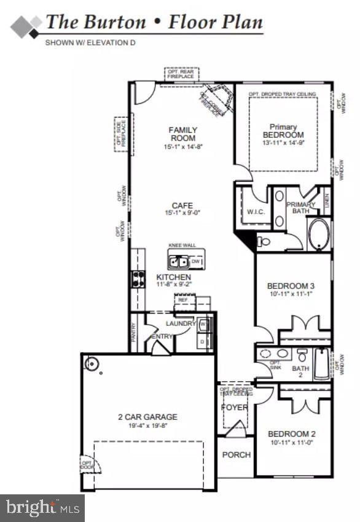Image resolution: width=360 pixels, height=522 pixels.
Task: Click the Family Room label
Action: tap(183, 134)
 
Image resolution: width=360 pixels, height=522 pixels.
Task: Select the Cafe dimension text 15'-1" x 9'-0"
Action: tap(182, 213)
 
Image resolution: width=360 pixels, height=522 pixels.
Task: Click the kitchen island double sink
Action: tap(179, 263)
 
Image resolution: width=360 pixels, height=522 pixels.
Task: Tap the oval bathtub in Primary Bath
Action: tap(319, 235)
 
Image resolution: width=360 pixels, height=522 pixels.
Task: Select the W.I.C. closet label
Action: tap(255, 213)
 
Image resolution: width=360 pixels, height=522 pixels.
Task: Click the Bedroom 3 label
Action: tap(291, 286)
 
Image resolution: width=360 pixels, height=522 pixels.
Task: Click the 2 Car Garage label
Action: tap(147, 417)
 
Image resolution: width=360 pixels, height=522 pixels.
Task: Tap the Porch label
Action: tap(237, 455)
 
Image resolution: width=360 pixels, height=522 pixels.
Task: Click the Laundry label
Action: tap(181, 323)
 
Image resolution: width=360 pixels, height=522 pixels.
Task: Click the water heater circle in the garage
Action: tap(92, 363)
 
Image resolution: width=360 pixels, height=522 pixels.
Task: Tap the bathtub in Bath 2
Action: tap(322, 365)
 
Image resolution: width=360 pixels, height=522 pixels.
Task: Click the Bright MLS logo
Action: tap(42, 508)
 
